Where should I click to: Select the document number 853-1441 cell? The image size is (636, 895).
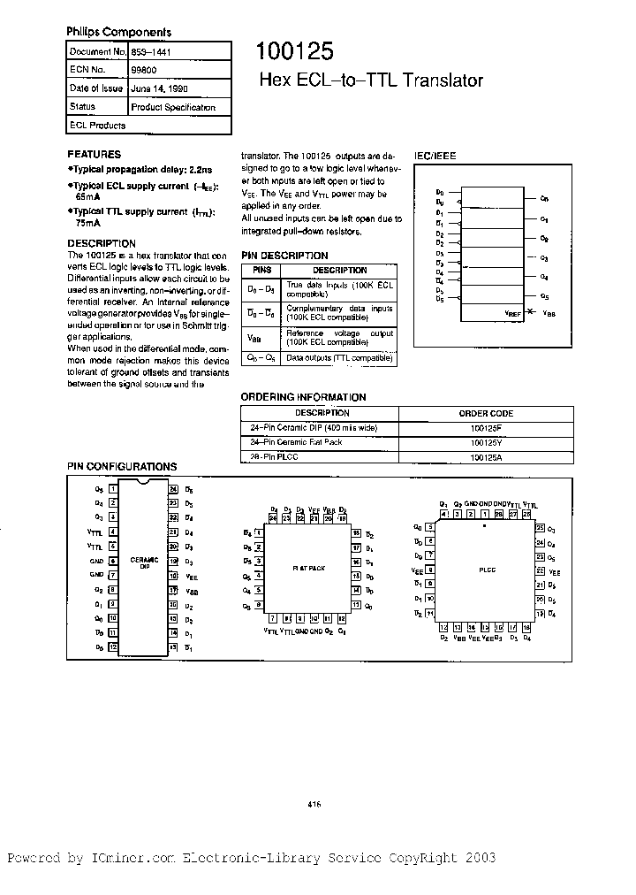[153, 53]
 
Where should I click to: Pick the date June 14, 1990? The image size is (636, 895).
[158, 89]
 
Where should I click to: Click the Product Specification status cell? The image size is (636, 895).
[172, 107]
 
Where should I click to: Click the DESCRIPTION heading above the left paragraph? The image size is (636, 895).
[102, 243]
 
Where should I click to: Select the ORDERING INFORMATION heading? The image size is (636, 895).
[303, 397]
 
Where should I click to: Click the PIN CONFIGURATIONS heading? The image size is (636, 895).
[122, 466]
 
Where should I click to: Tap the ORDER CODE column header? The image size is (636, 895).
[486, 413]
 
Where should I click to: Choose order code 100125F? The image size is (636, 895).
[486, 428]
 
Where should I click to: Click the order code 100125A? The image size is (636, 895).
[486, 457]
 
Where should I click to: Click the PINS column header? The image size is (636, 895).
[263, 270]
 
